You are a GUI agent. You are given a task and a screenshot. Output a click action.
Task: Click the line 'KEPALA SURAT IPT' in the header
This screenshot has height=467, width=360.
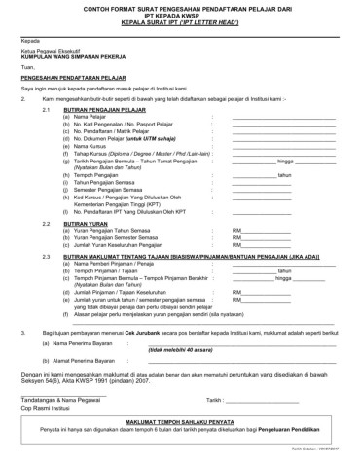tap(179, 22)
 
